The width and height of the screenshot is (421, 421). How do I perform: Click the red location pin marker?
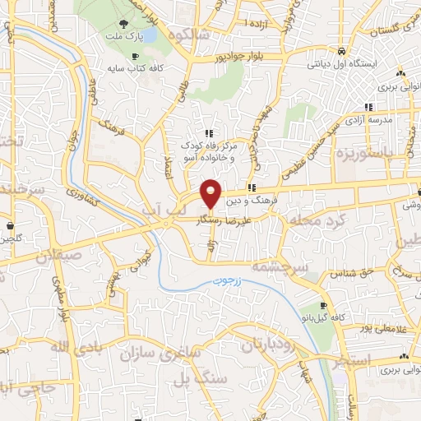(x=211, y=193)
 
